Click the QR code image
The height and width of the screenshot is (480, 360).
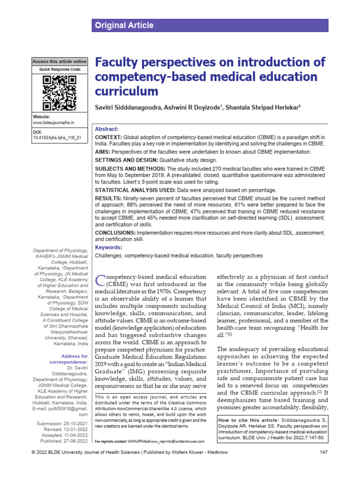click(59, 93)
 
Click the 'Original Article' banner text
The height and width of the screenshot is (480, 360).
click(124, 25)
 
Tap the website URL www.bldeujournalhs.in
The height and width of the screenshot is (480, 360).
click(53, 122)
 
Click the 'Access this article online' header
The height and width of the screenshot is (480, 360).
click(59, 61)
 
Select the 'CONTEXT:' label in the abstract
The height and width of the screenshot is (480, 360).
click(109, 137)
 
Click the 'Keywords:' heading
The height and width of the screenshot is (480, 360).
click(108, 247)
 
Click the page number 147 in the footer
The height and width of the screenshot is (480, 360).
click(323, 465)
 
